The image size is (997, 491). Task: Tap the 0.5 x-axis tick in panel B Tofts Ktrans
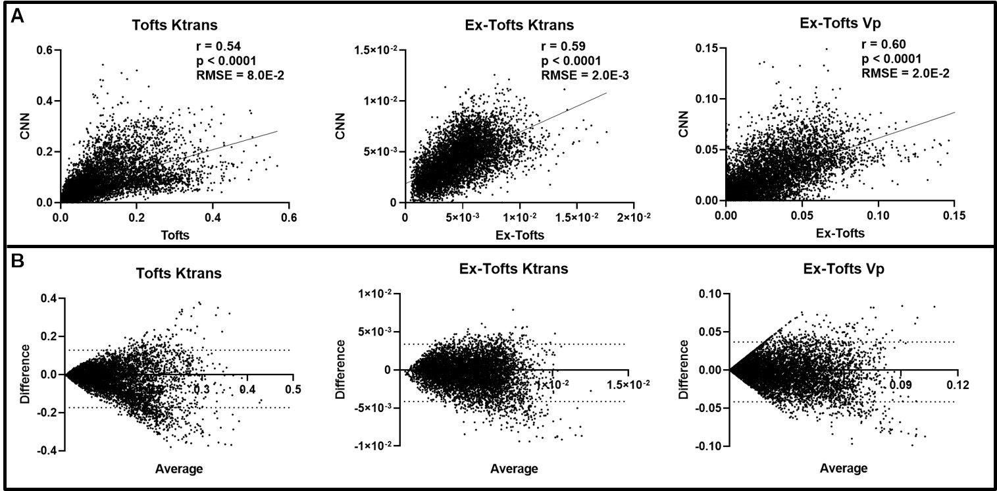(x=294, y=390)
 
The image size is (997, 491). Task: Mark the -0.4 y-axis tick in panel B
(x=47, y=451)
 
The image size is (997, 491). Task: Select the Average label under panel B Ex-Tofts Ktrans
(x=514, y=469)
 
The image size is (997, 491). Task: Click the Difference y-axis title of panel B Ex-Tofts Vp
(x=685, y=370)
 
